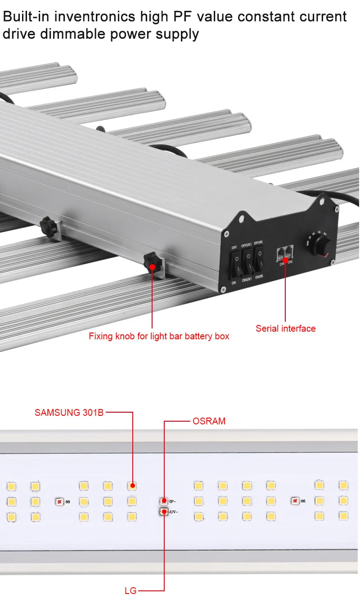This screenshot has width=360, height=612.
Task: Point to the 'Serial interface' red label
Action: click(x=285, y=328)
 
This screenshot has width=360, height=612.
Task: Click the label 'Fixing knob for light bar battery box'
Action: click(x=159, y=336)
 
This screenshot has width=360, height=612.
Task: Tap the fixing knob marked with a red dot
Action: click(x=152, y=263)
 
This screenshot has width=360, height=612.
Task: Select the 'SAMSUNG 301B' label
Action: click(x=69, y=412)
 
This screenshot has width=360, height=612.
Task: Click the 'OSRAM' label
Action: click(x=209, y=422)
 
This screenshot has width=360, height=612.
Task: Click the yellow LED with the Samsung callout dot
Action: click(x=132, y=486)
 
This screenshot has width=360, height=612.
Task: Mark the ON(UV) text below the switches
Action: click(x=247, y=280)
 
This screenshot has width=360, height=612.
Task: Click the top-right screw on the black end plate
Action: click(x=335, y=208)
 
